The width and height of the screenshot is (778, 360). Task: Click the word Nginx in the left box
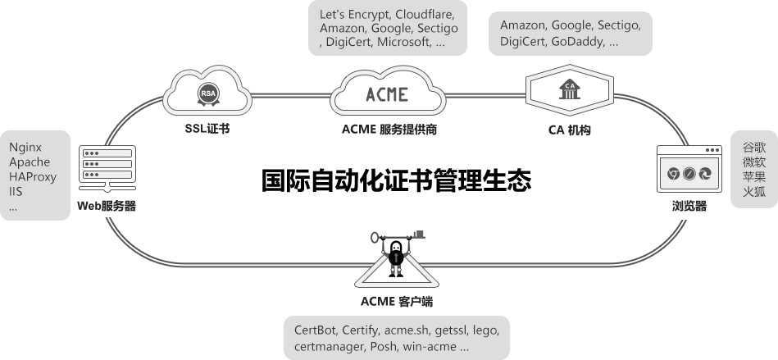[25, 148]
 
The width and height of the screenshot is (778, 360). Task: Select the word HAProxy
[33, 177]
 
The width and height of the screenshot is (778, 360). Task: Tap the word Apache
[30, 162]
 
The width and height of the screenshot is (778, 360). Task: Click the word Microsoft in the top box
[403, 42]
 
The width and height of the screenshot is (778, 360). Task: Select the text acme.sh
[407, 330]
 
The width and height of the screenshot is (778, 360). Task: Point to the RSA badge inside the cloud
[208, 94]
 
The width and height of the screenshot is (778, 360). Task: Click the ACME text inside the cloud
[385, 93]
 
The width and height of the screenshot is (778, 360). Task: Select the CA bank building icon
[568, 89]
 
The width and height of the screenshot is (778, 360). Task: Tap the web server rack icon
[107, 163]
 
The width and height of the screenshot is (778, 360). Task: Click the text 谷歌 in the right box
[753, 148]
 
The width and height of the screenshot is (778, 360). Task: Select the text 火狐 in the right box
[753, 192]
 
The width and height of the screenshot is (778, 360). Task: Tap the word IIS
[16, 192]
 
